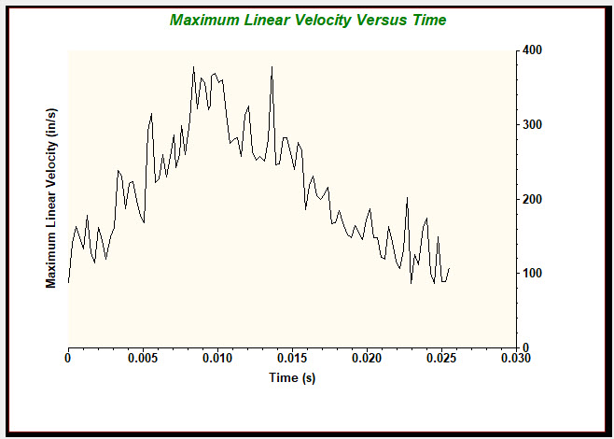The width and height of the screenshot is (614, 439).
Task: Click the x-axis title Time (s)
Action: coord(291,378)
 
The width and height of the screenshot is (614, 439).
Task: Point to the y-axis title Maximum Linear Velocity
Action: coord(51,198)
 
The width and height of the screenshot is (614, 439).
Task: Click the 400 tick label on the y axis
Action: coord(533,50)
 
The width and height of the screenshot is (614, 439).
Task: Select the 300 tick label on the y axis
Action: coord(533,124)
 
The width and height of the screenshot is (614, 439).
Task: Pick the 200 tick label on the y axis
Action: coord(533,199)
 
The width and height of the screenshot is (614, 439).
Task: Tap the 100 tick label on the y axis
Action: coord(533,274)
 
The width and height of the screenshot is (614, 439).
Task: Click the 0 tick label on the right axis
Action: coord(526,347)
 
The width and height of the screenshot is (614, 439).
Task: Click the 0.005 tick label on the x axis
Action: coord(142,358)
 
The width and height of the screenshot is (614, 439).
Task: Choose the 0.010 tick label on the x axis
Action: coord(216,358)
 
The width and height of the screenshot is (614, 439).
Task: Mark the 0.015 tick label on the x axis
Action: coord(291,358)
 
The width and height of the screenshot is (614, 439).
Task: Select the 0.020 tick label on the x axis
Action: coord(366,358)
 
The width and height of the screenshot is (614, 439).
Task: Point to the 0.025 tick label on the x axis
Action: coord(440,358)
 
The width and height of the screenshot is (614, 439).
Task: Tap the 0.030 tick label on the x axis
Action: coord(514,358)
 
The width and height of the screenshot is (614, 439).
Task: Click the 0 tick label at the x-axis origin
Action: coord(68,358)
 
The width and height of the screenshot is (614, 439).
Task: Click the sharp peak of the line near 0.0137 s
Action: coord(272,66)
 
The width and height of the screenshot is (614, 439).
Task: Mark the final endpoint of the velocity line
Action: coord(449,269)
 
